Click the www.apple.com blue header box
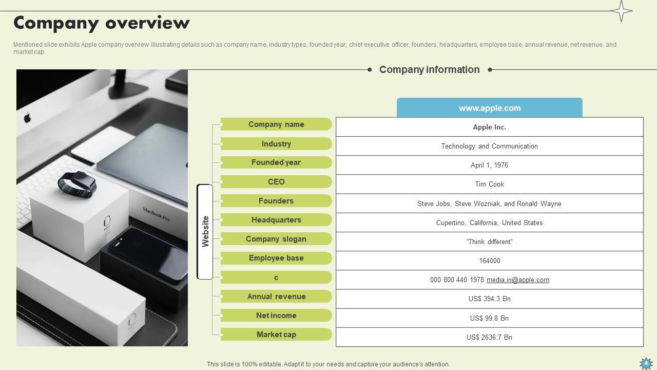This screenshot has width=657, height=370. pos(489,108)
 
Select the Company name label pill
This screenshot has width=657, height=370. pos(276,124)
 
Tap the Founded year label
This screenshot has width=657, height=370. pos(276,162)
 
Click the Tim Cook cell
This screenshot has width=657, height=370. pos(489,184)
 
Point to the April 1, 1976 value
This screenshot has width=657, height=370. pos(489,165)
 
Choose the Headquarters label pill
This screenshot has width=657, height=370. pos(276,220)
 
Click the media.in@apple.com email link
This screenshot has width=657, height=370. pos(517,280)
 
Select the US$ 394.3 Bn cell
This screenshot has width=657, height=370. pos(489,299)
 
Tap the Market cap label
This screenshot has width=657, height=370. pos(276,335)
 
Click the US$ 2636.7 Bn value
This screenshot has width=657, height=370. pos(489,337)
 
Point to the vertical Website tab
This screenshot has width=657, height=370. pos(205,231)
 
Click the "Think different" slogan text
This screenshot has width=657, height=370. pos(489,242)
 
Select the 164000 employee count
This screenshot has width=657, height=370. pos(489,261)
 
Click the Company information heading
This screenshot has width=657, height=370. pos(429,69)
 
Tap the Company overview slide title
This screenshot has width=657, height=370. pos(102,23)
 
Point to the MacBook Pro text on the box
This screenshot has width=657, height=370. pos(156,214)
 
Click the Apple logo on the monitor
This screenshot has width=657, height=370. pos(28,118)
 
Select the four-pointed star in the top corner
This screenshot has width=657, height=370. pos(621,11)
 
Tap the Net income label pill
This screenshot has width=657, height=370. pos(276,316)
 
